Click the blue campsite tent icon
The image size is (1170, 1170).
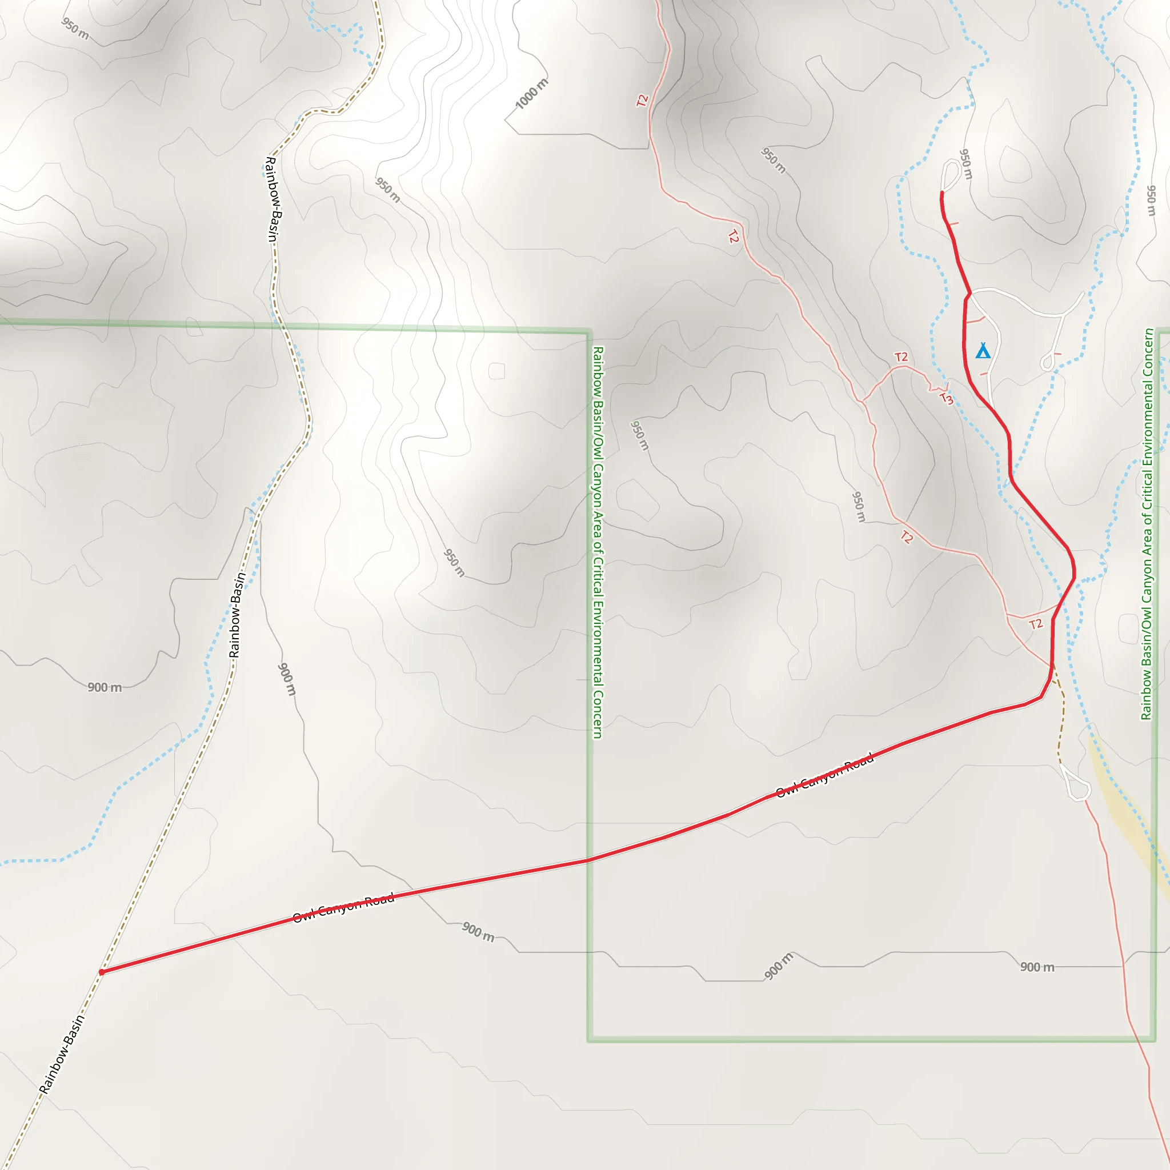click(982, 351)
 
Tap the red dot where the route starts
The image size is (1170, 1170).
click(102, 972)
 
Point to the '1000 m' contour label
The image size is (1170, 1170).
click(531, 94)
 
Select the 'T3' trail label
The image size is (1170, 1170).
click(946, 398)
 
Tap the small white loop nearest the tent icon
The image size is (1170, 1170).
click(1047, 362)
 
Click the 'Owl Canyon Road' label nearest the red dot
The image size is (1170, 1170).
click(343, 907)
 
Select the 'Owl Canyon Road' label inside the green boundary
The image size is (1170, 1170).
click(824, 776)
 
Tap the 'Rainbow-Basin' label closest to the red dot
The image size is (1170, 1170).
click(62, 1055)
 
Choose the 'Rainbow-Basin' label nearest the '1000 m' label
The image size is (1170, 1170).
click(272, 199)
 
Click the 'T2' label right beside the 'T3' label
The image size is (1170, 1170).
click(901, 356)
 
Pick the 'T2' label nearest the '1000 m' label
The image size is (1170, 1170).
click(643, 100)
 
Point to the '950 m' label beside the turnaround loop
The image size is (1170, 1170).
click(966, 164)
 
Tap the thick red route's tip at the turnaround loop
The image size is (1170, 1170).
click(941, 194)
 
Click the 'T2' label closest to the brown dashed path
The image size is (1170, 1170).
click(1036, 624)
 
